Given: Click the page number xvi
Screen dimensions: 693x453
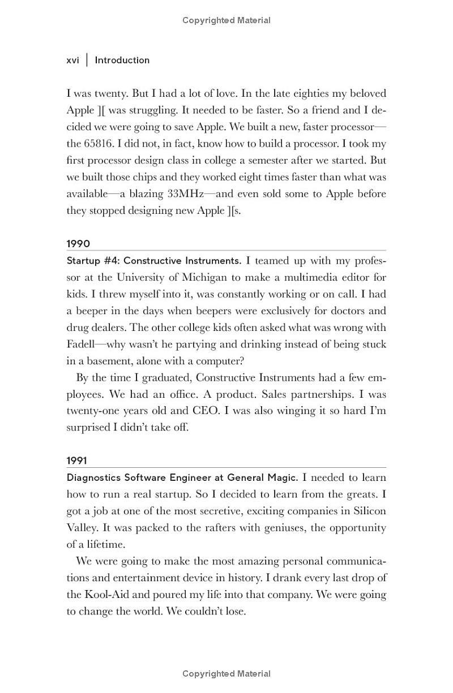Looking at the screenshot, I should point(72,60).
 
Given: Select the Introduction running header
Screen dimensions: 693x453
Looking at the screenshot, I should point(122,60).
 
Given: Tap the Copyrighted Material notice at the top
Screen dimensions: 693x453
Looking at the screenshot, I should point(226,20).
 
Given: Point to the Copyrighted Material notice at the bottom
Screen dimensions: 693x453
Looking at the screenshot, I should point(226,674).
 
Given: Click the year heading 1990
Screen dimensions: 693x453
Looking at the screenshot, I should point(78,244).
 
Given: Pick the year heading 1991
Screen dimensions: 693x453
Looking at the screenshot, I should point(77,461).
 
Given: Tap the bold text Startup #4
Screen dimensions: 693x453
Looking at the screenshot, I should point(91,261).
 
